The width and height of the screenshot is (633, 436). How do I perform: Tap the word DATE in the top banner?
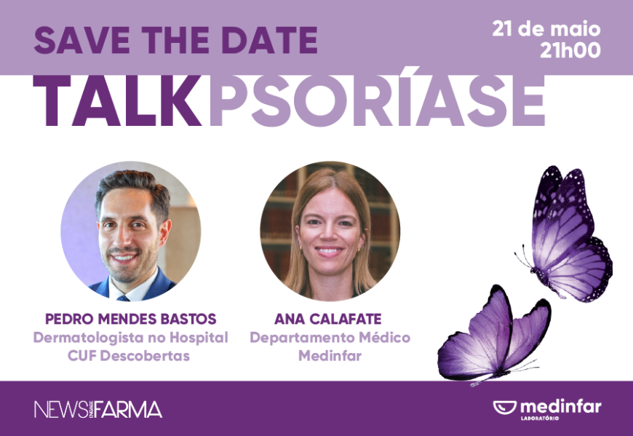pyautogui.click(x=270, y=40)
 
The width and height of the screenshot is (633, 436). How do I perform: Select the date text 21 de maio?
pyautogui.click(x=546, y=29)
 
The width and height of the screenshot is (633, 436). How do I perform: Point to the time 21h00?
pyautogui.click(x=570, y=50)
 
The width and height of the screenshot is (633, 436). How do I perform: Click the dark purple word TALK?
pyautogui.click(x=117, y=101)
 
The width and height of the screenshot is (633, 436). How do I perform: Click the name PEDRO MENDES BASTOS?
pyautogui.click(x=131, y=319)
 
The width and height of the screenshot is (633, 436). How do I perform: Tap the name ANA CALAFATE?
pyautogui.click(x=328, y=319)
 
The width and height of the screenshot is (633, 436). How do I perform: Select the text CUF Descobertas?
pyautogui.click(x=129, y=356)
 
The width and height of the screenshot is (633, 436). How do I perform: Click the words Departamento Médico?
pyautogui.click(x=330, y=338)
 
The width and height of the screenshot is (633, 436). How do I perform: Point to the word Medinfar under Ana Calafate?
pyautogui.click(x=330, y=356)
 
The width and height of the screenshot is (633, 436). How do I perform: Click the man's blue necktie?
pyautogui.click(x=123, y=298)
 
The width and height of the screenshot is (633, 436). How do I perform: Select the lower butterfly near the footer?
pyautogui.click(x=495, y=335)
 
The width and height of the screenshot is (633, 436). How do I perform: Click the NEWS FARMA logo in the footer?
pyautogui.click(x=98, y=410)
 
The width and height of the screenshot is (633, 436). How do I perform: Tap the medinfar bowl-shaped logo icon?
pyautogui.click(x=505, y=408)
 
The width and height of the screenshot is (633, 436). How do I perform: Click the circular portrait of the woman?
pyautogui.click(x=330, y=231)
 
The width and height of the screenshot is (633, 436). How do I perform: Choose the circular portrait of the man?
pyautogui.click(x=131, y=231)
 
